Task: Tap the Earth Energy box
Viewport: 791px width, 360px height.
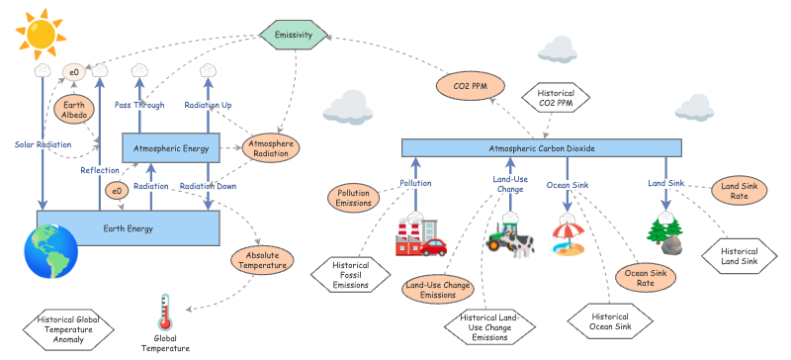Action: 128,227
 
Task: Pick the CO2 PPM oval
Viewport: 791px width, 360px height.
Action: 465,86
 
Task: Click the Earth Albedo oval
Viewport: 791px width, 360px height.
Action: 74,110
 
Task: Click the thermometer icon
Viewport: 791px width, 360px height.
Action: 165,315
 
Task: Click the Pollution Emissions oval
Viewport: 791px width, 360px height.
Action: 354,197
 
